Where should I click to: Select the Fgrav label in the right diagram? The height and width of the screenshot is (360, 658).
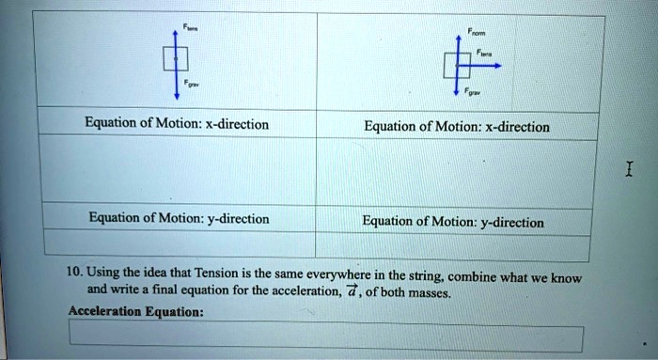coord(475,95)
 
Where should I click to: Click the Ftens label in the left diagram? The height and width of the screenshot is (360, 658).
coord(191,27)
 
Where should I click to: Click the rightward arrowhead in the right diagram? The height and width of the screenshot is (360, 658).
coord(498,66)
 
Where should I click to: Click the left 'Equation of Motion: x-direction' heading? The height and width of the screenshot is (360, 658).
coord(177,124)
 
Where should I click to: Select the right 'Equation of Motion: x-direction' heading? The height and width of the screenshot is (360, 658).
coord(457,127)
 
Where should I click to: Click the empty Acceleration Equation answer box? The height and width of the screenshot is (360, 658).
coord(325,337)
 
